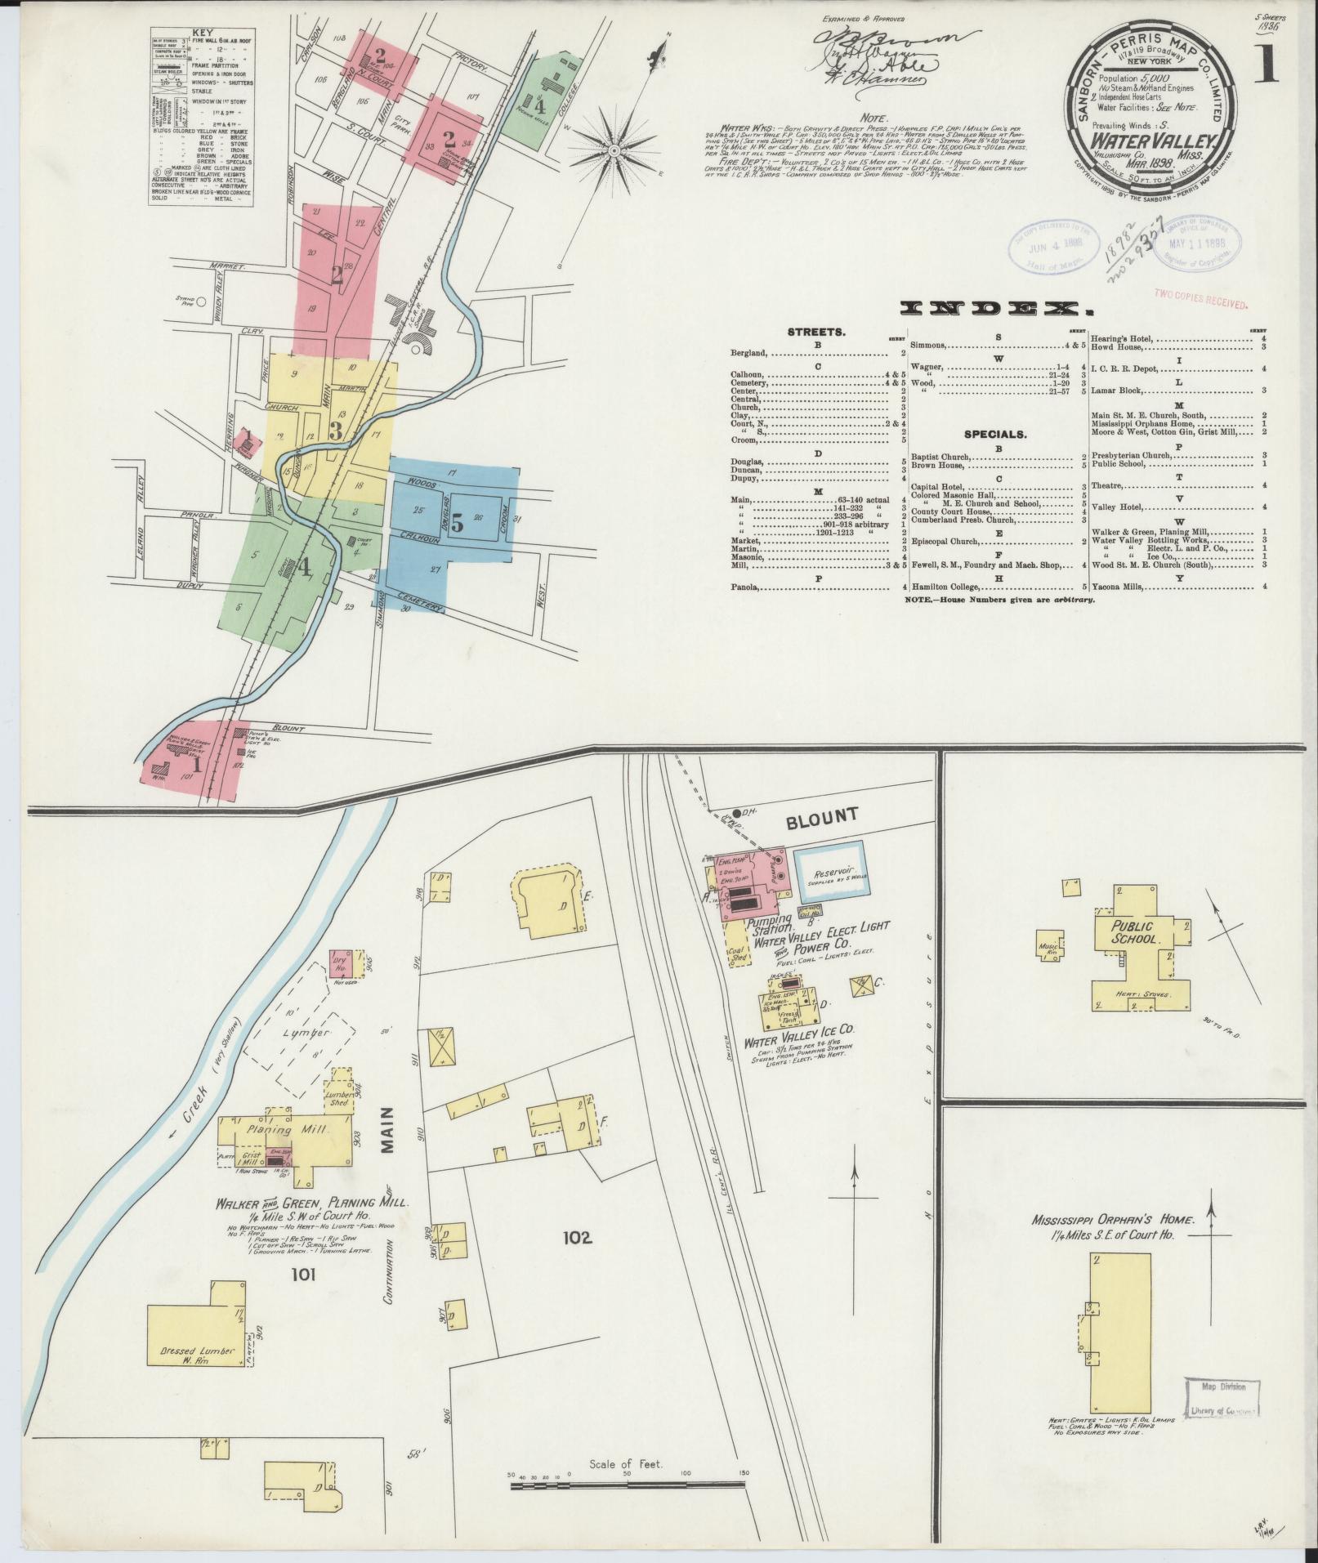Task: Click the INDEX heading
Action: tap(995, 308)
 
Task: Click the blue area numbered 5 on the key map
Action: tap(457, 522)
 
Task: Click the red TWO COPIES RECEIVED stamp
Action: tap(1201, 298)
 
